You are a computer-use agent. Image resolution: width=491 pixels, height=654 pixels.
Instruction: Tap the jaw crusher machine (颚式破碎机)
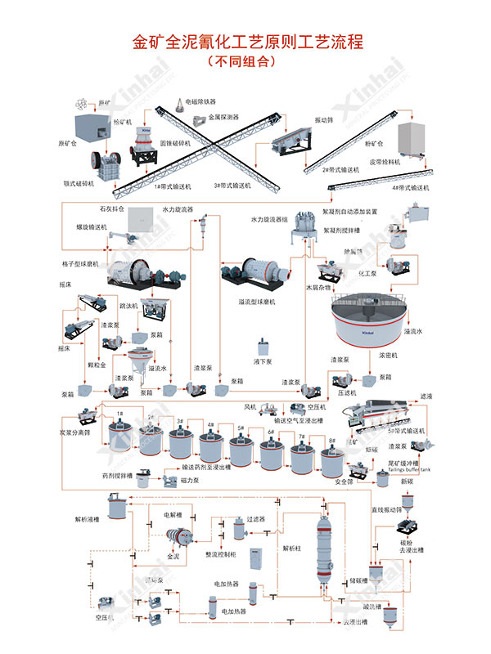[x=103, y=161]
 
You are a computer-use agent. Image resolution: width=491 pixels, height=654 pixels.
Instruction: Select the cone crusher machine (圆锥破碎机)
[x=144, y=149]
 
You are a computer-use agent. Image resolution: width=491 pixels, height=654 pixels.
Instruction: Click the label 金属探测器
[x=223, y=117]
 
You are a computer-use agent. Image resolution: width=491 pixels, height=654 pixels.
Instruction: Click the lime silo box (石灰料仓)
[x=149, y=217]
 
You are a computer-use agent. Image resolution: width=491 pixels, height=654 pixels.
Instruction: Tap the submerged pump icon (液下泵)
[x=264, y=344]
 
